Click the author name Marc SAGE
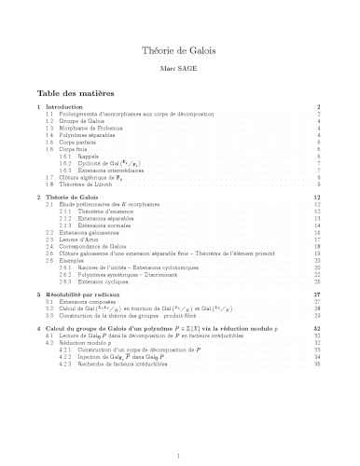click(179, 70)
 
